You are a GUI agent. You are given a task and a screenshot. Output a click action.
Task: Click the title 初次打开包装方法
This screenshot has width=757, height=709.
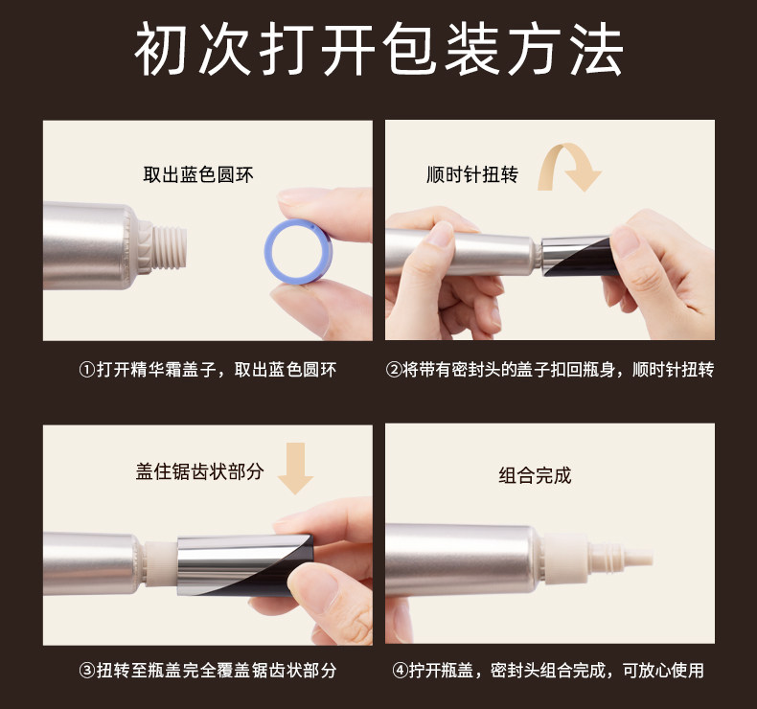378,49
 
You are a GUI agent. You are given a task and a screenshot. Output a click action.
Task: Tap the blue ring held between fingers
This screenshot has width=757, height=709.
273,251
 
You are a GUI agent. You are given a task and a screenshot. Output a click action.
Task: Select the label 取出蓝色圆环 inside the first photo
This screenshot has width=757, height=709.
198,174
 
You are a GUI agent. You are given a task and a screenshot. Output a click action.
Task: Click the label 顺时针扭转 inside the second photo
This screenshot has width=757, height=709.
472,174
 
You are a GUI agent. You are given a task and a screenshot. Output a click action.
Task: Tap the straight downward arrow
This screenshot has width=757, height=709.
295,469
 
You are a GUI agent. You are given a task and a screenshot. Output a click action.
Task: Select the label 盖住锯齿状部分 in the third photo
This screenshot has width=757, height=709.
200,471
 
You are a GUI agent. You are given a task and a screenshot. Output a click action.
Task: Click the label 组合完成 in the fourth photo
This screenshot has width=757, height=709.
535,475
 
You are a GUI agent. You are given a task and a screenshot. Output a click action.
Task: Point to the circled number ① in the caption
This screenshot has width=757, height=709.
87,370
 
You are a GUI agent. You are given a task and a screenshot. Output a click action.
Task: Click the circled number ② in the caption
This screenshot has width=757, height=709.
393,370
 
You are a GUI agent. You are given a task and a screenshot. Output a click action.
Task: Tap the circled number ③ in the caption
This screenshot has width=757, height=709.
87,671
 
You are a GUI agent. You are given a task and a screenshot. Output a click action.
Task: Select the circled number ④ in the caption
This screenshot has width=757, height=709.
401,671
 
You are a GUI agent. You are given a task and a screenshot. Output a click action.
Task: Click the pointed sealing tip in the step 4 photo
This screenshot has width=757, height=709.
636,556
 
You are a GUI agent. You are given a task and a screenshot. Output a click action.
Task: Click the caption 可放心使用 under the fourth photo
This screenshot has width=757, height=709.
663,671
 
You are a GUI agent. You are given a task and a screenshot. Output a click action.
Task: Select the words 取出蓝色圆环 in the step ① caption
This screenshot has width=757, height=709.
286,370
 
